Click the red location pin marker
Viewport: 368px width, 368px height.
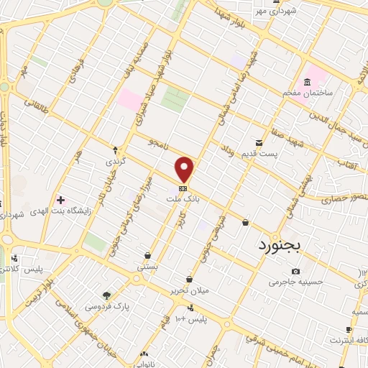tap(185, 168)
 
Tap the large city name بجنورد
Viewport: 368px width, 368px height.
tap(286, 246)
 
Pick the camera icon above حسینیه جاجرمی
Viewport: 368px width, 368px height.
tap(295, 271)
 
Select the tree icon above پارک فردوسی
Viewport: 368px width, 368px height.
tap(107, 295)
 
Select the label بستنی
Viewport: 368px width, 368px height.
tap(147, 266)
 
